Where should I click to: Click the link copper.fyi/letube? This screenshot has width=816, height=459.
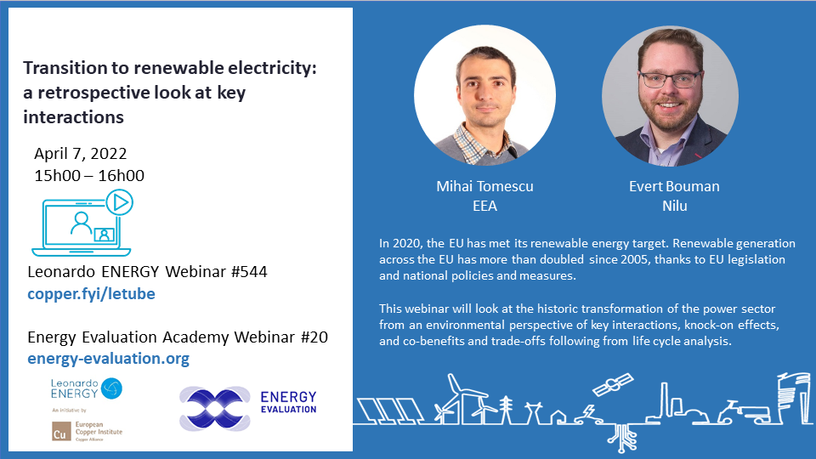pyautogui.click(x=91, y=294)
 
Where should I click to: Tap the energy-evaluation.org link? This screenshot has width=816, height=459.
pyautogui.click(x=108, y=359)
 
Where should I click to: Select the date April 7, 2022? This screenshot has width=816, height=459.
pyautogui.click(x=80, y=154)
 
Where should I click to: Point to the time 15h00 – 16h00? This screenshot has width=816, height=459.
pyautogui.click(x=89, y=175)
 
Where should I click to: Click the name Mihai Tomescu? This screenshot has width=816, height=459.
pyautogui.click(x=484, y=186)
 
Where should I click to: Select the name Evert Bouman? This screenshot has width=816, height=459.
pyautogui.click(x=674, y=186)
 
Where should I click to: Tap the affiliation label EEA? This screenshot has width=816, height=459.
pyautogui.click(x=484, y=206)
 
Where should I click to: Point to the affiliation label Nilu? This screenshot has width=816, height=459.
pyautogui.click(x=674, y=206)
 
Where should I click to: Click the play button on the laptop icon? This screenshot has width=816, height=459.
pyautogui.click(x=120, y=202)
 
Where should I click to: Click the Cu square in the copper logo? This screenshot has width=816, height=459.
pyautogui.click(x=60, y=432)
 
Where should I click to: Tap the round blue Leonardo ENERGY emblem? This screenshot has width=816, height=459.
pyautogui.click(x=111, y=388)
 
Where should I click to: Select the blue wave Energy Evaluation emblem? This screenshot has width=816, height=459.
pyautogui.click(x=215, y=409)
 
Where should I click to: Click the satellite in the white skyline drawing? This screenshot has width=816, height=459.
pyautogui.click(x=613, y=384)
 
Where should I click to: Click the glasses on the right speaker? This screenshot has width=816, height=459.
pyautogui.click(x=670, y=80)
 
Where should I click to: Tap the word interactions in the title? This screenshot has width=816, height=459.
pyautogui.click(x=73, y=117)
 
